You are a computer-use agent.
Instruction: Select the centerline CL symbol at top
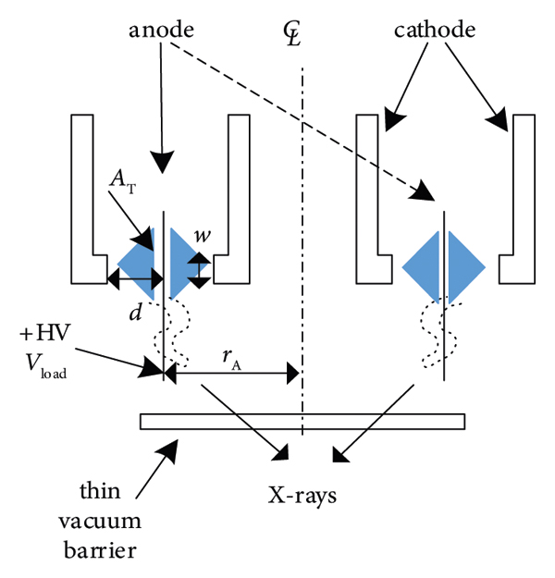(298, 35)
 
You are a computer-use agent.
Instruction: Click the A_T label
(119, 185)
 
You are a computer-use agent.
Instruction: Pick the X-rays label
(302, 495)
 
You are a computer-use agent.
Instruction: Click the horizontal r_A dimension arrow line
(231, 374)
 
